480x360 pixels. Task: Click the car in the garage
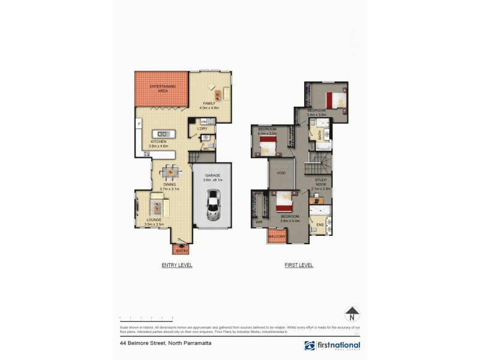click(x=212, y=205)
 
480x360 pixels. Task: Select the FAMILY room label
click(x=209, y=104)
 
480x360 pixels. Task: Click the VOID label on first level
click(x=281, y=173)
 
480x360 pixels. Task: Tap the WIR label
click(x=259, y=222)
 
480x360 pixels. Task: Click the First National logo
click(x=332, y=346)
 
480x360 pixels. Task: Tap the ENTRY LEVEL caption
click(x=177, y=265)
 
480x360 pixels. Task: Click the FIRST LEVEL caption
click(x=299, y=265)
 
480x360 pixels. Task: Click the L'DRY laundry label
click(x=202, y=128)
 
